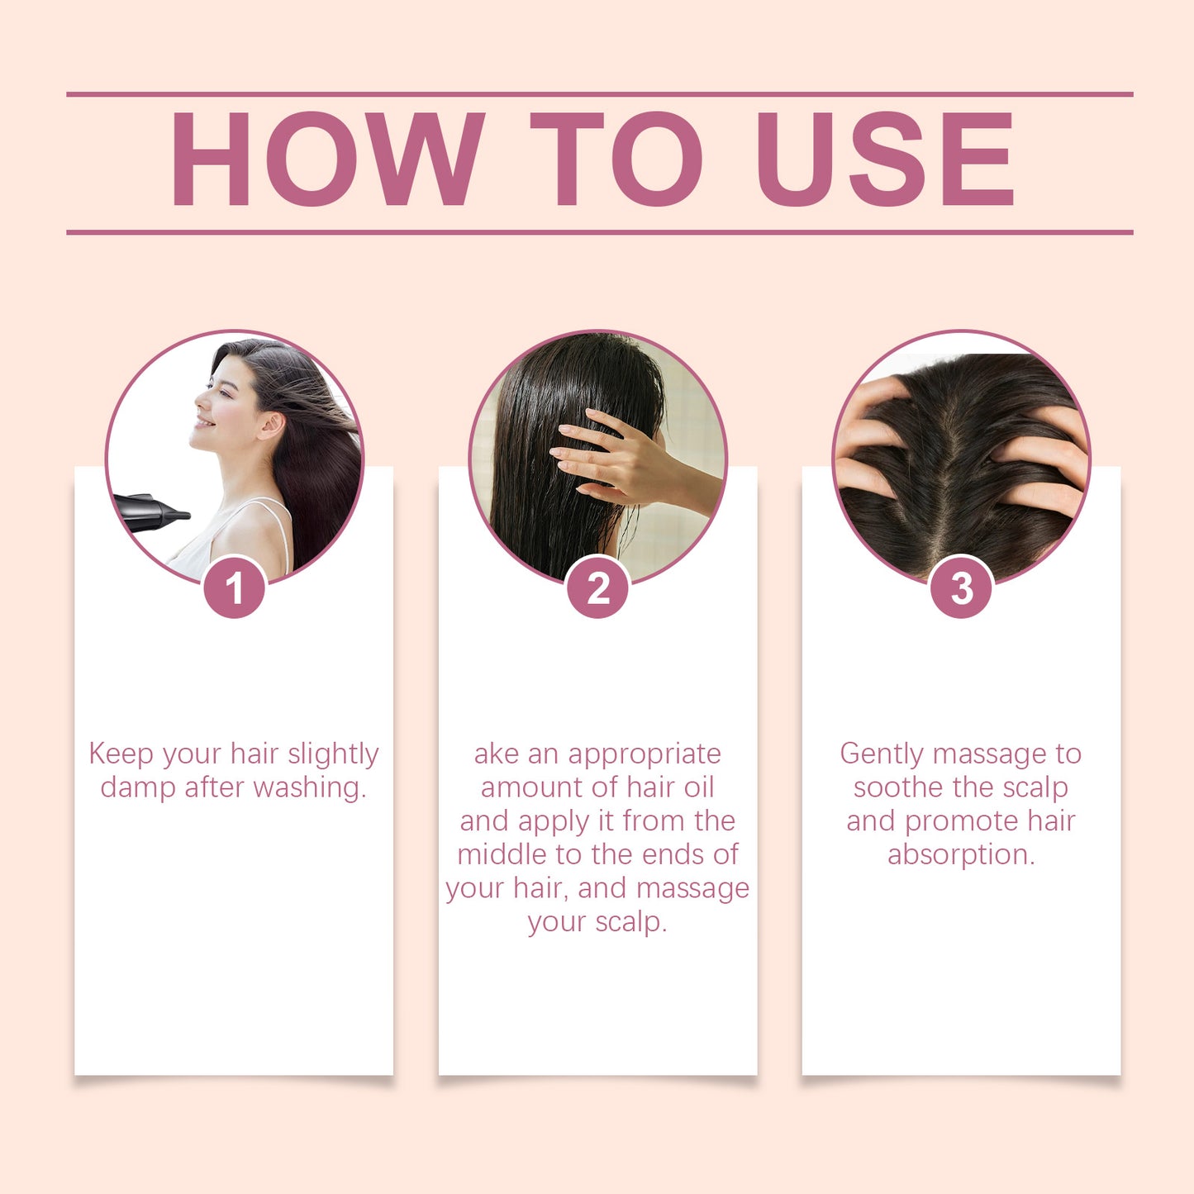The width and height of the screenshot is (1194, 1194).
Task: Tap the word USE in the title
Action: click(x=885, y=159)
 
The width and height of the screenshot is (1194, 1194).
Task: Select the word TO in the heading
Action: click(x=616, y=159)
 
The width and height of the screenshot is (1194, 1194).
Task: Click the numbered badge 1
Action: click(x=234, y=588)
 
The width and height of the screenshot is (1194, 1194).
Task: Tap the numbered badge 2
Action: click(x=597, y=588)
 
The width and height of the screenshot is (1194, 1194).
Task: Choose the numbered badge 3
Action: click(x=961, y=588)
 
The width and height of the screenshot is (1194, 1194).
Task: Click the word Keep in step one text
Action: click(x=121, y=754)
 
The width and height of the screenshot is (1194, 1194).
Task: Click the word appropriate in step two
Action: click(x=645, y=754)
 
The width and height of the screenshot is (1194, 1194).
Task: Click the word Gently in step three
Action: click(x=882, y=754)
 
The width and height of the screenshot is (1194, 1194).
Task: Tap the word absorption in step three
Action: click(x=961, y=855)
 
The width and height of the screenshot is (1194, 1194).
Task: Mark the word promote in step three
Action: click(x=962, y=821)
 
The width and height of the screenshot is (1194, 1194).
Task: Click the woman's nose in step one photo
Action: click(x=198, y=402)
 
